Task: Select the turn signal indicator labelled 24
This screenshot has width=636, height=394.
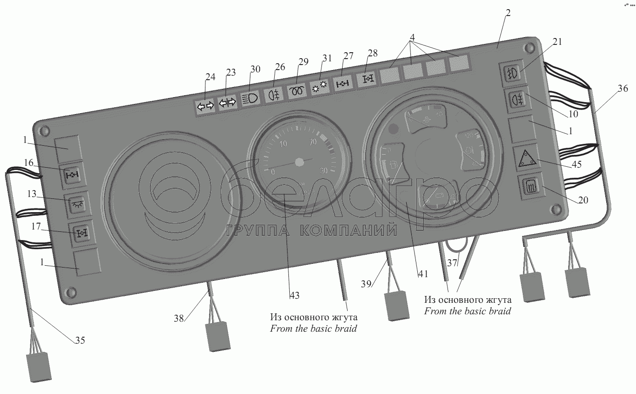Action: tap(205, 107)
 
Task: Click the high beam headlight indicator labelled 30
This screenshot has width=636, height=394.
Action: tap(250, 98)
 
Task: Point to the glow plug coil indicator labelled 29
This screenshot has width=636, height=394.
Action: tap(297, 90)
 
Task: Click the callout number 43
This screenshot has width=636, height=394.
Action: tap(294, 295)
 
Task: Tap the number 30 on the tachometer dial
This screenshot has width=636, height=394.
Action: tap(323, 170)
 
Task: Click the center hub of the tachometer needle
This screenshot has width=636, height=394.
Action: tap(299, 162)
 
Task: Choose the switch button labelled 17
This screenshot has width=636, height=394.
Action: tap(80, 234)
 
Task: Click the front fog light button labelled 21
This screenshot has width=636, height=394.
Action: tap(512, 73)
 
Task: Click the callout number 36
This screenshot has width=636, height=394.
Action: tap(622, 89)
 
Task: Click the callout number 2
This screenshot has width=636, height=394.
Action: tap(508, 13)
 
